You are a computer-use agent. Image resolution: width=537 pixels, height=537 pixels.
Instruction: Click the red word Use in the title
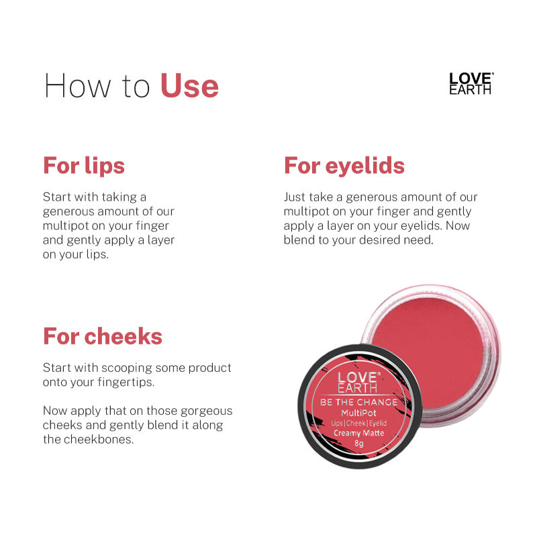[189, 87]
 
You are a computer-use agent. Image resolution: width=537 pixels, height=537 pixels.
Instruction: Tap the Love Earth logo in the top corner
[471, 83]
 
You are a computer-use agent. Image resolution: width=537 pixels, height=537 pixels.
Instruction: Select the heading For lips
[84, 165]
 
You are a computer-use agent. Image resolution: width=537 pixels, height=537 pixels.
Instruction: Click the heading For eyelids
[344, 165]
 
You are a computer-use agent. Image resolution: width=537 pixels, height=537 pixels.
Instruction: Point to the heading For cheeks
[103, 336]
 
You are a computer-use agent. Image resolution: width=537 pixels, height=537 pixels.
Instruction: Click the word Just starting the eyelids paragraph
[296, 197]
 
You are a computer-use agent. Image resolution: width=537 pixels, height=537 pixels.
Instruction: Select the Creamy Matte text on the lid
[359, 433]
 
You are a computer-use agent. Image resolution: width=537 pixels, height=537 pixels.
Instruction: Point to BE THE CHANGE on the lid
[358, 401]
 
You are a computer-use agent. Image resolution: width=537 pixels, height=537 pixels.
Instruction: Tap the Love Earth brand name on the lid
[358, 381]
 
